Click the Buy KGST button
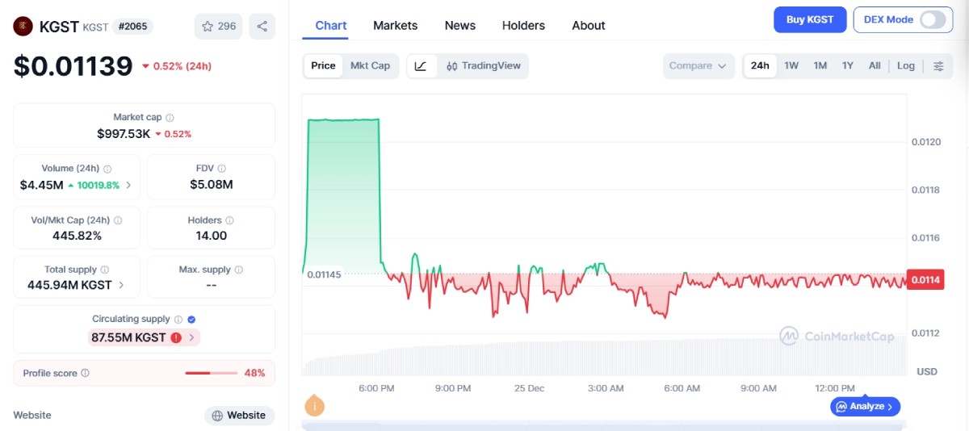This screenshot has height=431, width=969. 810,19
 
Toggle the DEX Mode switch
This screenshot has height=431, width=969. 933,19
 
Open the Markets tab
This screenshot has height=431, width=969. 396,26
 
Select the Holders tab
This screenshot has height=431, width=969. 523,26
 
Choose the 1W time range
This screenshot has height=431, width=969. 791,65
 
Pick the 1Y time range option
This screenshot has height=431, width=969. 847,65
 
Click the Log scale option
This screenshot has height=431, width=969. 905,65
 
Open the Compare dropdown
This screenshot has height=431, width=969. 698,65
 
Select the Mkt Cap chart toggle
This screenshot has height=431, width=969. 370,65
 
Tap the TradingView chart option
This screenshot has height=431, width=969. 484,65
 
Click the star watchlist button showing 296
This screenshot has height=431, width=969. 219,27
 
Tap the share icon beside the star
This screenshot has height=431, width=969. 262,27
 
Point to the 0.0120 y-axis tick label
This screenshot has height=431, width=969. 925,142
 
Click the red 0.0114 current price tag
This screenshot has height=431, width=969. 925,280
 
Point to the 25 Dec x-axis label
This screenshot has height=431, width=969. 529,388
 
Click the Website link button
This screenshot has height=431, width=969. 239,416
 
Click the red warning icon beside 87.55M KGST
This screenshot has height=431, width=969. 176,337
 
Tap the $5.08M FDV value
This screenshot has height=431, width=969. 211,185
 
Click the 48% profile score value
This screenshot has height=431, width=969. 254,373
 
